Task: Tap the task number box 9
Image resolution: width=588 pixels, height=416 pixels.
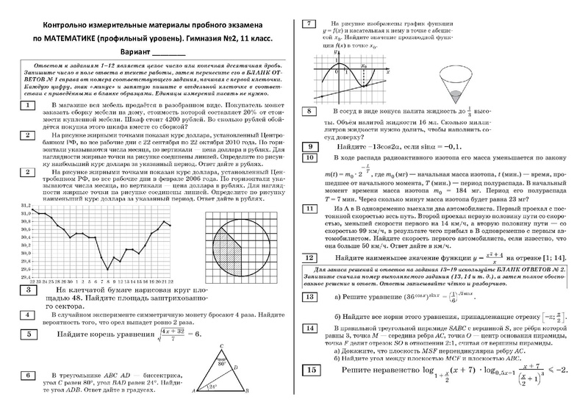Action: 311,147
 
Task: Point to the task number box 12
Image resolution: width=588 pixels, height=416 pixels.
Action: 311,259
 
